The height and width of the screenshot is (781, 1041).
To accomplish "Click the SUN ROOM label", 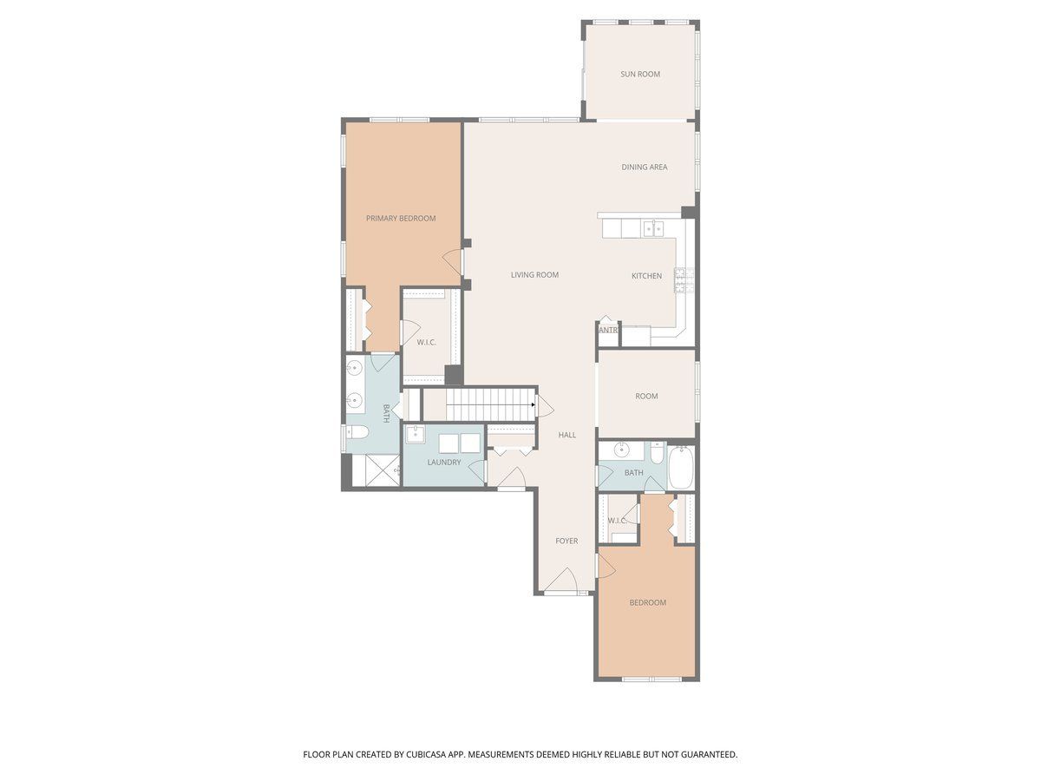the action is [639, 74].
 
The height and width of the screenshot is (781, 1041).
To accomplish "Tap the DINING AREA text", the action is [644, 167].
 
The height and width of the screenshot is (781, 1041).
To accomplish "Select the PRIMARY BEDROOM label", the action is [400, 218].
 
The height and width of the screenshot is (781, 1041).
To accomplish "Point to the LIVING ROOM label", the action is [534, 274].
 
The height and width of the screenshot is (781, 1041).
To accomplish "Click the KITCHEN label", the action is [646, 275].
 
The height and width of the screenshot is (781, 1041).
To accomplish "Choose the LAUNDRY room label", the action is [444, 462].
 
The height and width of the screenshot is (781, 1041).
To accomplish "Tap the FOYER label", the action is [566, 541].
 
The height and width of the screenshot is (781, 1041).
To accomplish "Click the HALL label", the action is [567, 435].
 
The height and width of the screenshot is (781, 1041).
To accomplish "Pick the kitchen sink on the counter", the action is [653, 228].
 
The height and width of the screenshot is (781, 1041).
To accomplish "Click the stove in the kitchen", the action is [684, 279].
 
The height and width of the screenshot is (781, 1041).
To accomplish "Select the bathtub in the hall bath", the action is [681, 468].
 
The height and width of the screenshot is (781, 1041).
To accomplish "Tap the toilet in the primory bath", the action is [357, 432].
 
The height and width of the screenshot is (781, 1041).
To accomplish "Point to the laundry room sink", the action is [415, 434].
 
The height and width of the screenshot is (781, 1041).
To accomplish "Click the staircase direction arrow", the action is [533, 404].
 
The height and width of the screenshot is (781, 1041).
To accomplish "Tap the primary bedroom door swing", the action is [453, 262].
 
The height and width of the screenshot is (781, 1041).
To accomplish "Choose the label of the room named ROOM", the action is [646, 396].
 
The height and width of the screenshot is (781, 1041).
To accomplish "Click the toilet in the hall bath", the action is [657, 454].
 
